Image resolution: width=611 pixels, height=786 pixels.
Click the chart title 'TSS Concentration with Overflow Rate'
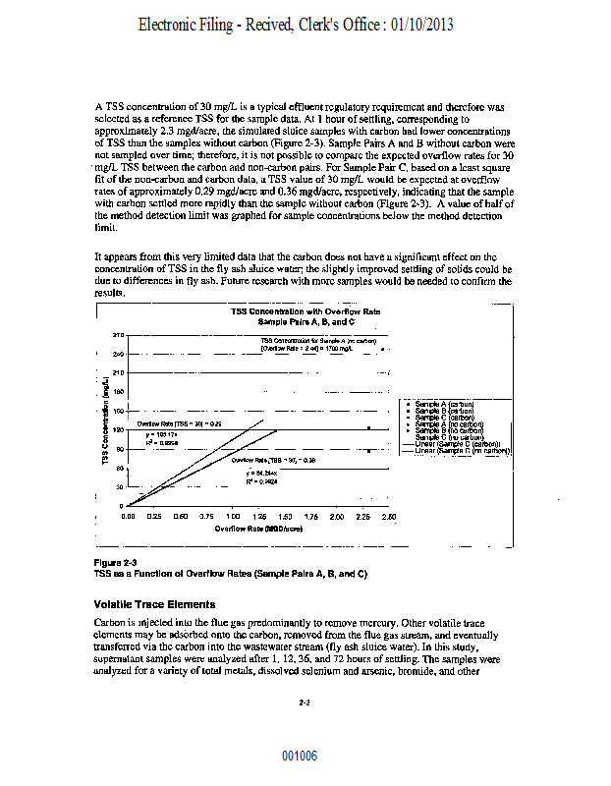click(x=305, y=310)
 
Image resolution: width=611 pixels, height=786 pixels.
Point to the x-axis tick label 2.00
click(x=337, y=516)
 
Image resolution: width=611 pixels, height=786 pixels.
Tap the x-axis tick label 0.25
click(x=154, y=516)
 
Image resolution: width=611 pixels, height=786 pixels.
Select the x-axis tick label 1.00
click(x=233, y=516)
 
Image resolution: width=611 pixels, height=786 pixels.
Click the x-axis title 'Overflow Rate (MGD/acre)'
click(x=259, y=529)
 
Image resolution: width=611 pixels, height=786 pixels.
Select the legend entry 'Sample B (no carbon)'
click(x=449, y=430)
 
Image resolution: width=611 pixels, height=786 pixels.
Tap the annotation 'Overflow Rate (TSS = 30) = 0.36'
click(x=273, y=460)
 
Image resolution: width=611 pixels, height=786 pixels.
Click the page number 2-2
click(x=305, y=702)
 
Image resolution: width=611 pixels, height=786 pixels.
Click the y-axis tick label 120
click(x=119, y=429)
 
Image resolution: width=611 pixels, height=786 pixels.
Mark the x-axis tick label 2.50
click(x=389, y=516)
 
